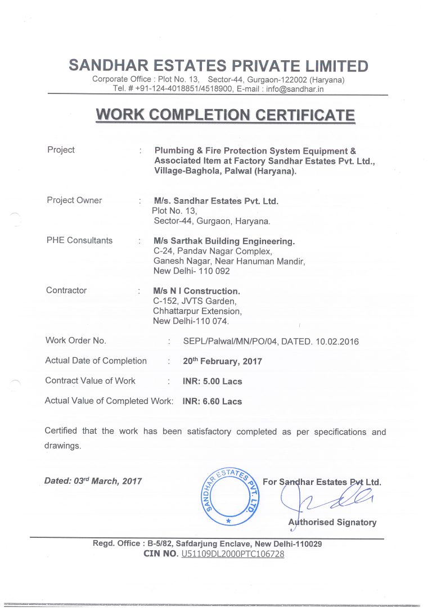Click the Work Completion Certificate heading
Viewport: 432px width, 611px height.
tap(225, 115)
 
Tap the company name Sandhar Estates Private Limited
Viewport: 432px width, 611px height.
tap(218, 66)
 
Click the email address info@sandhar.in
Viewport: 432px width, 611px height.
tap(295, 89)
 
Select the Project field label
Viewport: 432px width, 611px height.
tap(61, 150)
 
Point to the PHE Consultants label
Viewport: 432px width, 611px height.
tap(79, 240)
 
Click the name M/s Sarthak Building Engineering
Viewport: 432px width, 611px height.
tap(224, 241)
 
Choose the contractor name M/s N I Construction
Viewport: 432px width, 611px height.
tap(196, 291)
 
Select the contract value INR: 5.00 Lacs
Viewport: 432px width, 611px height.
tap(212, 381)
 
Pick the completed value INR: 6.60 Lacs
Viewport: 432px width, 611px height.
tap(212, 401)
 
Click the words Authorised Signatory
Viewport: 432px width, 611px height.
tap(332, 522)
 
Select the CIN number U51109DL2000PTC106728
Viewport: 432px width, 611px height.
tap(232, 554)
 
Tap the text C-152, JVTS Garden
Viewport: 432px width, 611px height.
tap(191, 301)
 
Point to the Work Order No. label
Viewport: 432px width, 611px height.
tap(75, 340)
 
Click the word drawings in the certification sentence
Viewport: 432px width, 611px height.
tap(62, 446)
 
